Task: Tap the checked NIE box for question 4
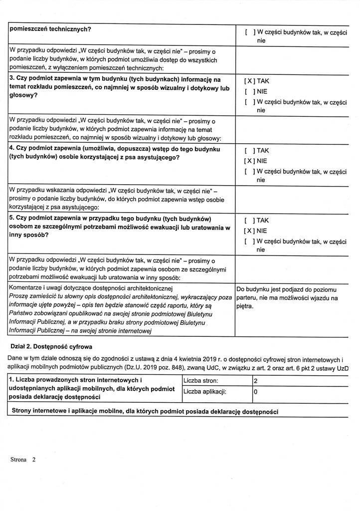250,161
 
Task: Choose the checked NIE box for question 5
250,231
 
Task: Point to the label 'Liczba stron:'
201,381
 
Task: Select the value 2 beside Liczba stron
255,381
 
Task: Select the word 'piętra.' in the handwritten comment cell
245,306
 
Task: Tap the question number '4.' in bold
12,148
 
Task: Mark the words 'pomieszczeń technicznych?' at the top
50,28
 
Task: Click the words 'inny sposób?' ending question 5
28,235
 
